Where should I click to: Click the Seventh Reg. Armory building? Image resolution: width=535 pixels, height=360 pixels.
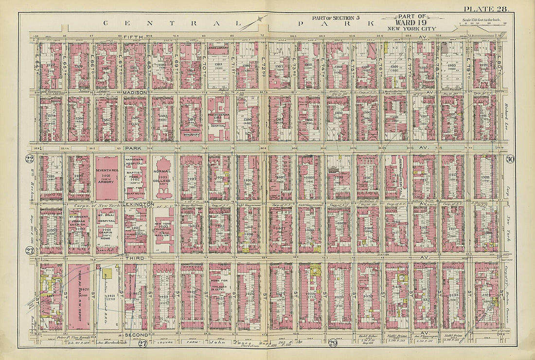pyautogui.click(x=107, y=178)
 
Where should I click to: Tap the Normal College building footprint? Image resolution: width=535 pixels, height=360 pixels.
pyautogui.click(x=163, y=178)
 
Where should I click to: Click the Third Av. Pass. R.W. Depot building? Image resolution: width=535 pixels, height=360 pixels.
pyautogui.click(x=79, y=297)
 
